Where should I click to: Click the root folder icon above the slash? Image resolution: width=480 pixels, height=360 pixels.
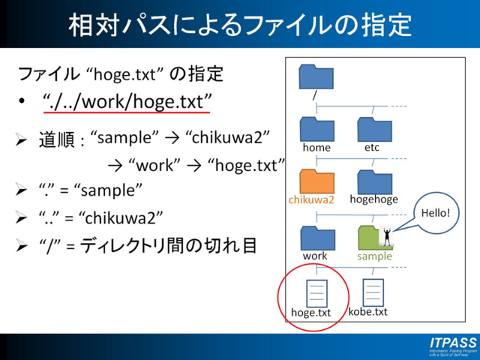coord(316,77)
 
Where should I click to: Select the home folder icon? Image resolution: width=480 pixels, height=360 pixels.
coord(316,129)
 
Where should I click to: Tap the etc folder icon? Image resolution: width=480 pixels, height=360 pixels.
coord(374,129)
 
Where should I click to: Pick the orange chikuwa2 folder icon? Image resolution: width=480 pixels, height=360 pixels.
coord(316,181)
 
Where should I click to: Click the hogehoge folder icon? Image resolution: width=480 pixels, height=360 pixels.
coord(374,181)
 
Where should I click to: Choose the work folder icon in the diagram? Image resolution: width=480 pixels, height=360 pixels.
coord(316,238)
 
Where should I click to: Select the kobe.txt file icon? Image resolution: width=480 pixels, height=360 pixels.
coord(373,292)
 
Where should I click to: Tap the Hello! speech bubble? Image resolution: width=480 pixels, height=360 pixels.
coord(436,214)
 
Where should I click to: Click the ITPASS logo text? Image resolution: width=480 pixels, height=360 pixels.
coord(453,343)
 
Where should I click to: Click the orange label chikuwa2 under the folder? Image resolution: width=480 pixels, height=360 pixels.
coord(311,200)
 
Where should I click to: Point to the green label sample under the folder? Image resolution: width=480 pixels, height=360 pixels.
coord(374,256)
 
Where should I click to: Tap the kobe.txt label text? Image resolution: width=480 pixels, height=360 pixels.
coord(368,311)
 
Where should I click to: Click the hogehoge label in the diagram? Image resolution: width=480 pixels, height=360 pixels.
coord(373,200)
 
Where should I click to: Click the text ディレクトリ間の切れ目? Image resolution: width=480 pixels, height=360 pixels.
coord(169,244)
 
